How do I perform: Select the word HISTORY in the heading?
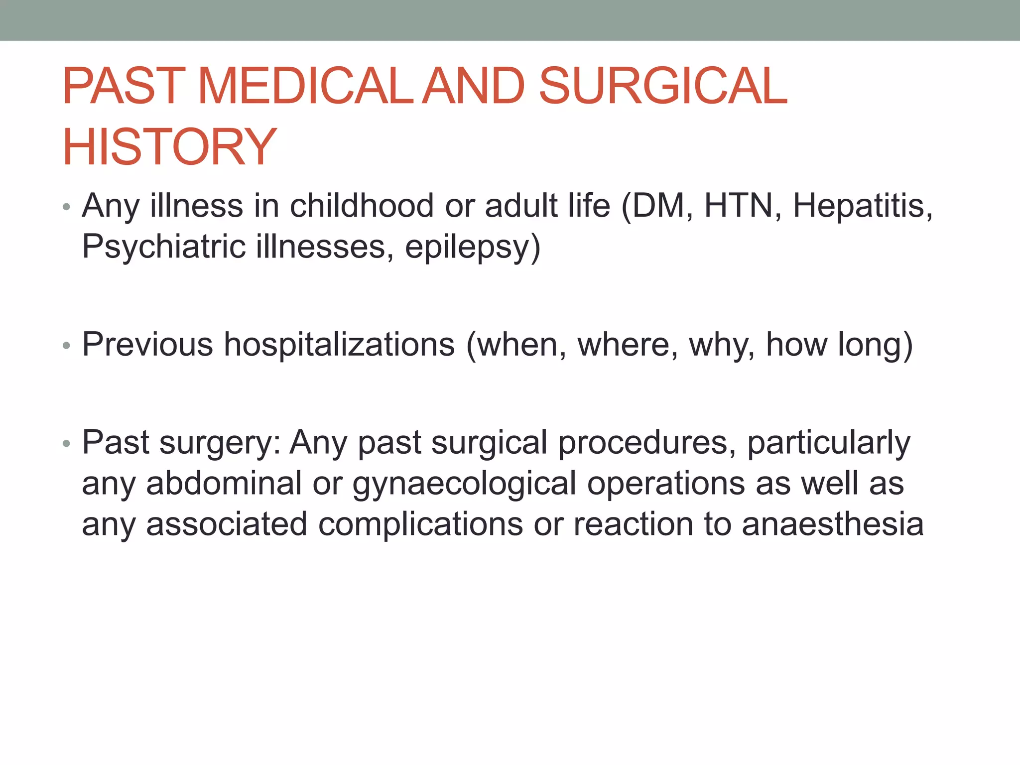[169, 147]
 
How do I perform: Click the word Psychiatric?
[164, 247]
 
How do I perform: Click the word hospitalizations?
[339, 344]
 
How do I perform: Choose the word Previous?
[147, 344]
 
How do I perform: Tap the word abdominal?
[224, 483]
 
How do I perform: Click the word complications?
[420, 525]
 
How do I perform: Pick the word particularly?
[829, 443]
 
